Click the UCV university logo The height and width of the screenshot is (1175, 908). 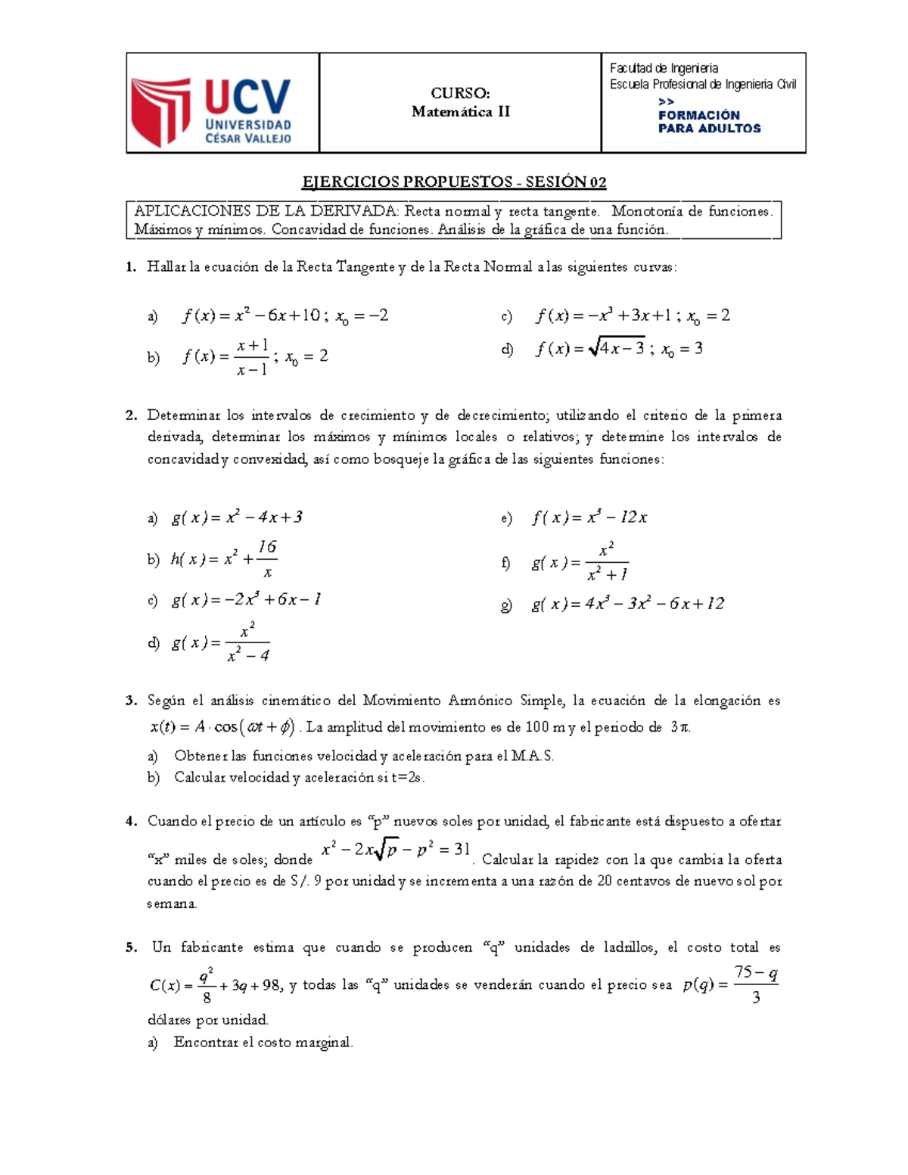[212, 111]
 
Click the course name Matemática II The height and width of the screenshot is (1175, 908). [460, 112]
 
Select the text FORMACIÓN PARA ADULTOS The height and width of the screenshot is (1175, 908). [709, 122]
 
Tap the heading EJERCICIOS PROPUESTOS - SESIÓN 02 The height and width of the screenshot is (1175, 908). [454, 182]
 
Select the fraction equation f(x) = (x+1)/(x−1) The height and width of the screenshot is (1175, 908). [254, 357]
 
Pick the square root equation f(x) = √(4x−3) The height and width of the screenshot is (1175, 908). [619, 349]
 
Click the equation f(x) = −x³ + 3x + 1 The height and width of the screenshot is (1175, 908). [633, 316]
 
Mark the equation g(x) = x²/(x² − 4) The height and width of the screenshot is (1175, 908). [221, 643]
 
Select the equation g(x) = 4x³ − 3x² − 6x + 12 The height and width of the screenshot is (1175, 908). [627, 604]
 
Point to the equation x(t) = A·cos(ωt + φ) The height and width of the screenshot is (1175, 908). [222, 727]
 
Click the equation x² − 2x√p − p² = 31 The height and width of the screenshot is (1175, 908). [396, 850]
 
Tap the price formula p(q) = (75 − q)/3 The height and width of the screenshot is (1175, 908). [730, 984]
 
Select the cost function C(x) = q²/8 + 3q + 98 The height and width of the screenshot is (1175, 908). [215, 985]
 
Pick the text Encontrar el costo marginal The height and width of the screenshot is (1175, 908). [263, 1043]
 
